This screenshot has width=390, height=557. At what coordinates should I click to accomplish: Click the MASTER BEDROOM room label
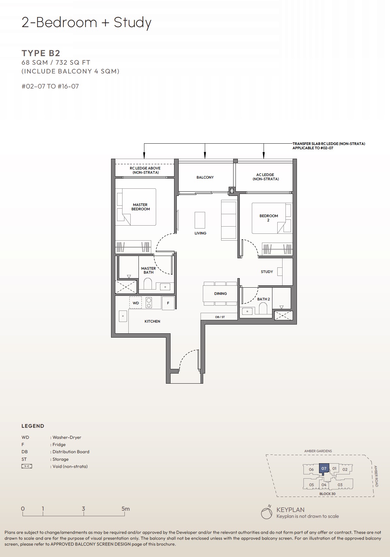pyautogui.click(x=140, y=207)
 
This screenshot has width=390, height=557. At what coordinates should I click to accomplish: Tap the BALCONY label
pyautogui.click(x=205, y=177)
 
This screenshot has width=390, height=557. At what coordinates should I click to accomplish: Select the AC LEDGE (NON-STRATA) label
pyautogui.click(x=265, y=177)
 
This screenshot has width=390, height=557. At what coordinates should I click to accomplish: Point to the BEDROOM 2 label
pyautogui.click(x=268, y=218)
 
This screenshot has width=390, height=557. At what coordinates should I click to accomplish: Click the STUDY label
pyautogui.click(x=267, y=272)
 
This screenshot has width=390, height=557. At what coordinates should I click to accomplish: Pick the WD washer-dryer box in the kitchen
pyautogui.click(x=136, y=303)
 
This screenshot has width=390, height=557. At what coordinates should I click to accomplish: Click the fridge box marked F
pyautogui.click(x=168, y=303)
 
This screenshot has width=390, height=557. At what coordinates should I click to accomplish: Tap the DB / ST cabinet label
pyautogui.click(x=220, y=317)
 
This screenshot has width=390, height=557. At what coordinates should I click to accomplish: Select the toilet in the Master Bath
pyautogui.click(x=148, y=284)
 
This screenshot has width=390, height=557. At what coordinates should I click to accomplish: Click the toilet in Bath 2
pyautogui.click(x=263, y=308)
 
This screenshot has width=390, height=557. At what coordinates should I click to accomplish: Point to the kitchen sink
pyautogui.click(x=123, y=316)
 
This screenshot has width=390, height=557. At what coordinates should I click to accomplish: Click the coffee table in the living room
pyautogui.click(x=200, y=220)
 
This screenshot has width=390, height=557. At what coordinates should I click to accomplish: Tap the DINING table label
pyautogui.click(x=220, y=294)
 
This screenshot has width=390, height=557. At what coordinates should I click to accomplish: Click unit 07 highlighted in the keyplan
pyautogui.click(x=324, y=468)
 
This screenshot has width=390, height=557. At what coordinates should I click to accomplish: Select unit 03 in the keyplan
pyautogui.click(x=340, y=485)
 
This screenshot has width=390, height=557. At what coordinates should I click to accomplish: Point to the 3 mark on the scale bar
pyautogui.click(x=84, y=509)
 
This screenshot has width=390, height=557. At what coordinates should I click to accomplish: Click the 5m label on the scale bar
pyautogui.click(x=125, y=509)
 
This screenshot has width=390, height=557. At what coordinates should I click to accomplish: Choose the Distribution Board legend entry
pyautogui.click(x=71, y=452)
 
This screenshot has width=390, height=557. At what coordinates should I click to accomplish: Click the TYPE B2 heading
pyautogui.click(x=41, y=53)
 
